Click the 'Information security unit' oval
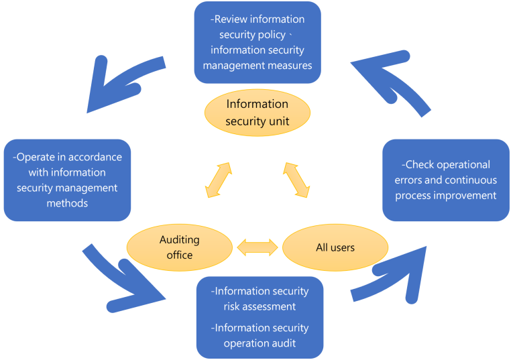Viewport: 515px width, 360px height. point(257,113)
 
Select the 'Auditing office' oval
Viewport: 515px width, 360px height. point(179,247)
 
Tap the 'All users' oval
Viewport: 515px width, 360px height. point(335,247)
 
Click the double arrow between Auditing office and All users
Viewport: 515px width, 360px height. point(257,247)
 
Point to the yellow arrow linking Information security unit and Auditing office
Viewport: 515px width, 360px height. point(219,180)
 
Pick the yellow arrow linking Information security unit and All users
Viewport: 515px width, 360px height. point(296,180)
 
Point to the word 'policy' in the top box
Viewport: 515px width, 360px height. point(272,35)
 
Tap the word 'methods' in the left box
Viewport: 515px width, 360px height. point(67,203)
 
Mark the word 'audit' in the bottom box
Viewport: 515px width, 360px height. point(284,343)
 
